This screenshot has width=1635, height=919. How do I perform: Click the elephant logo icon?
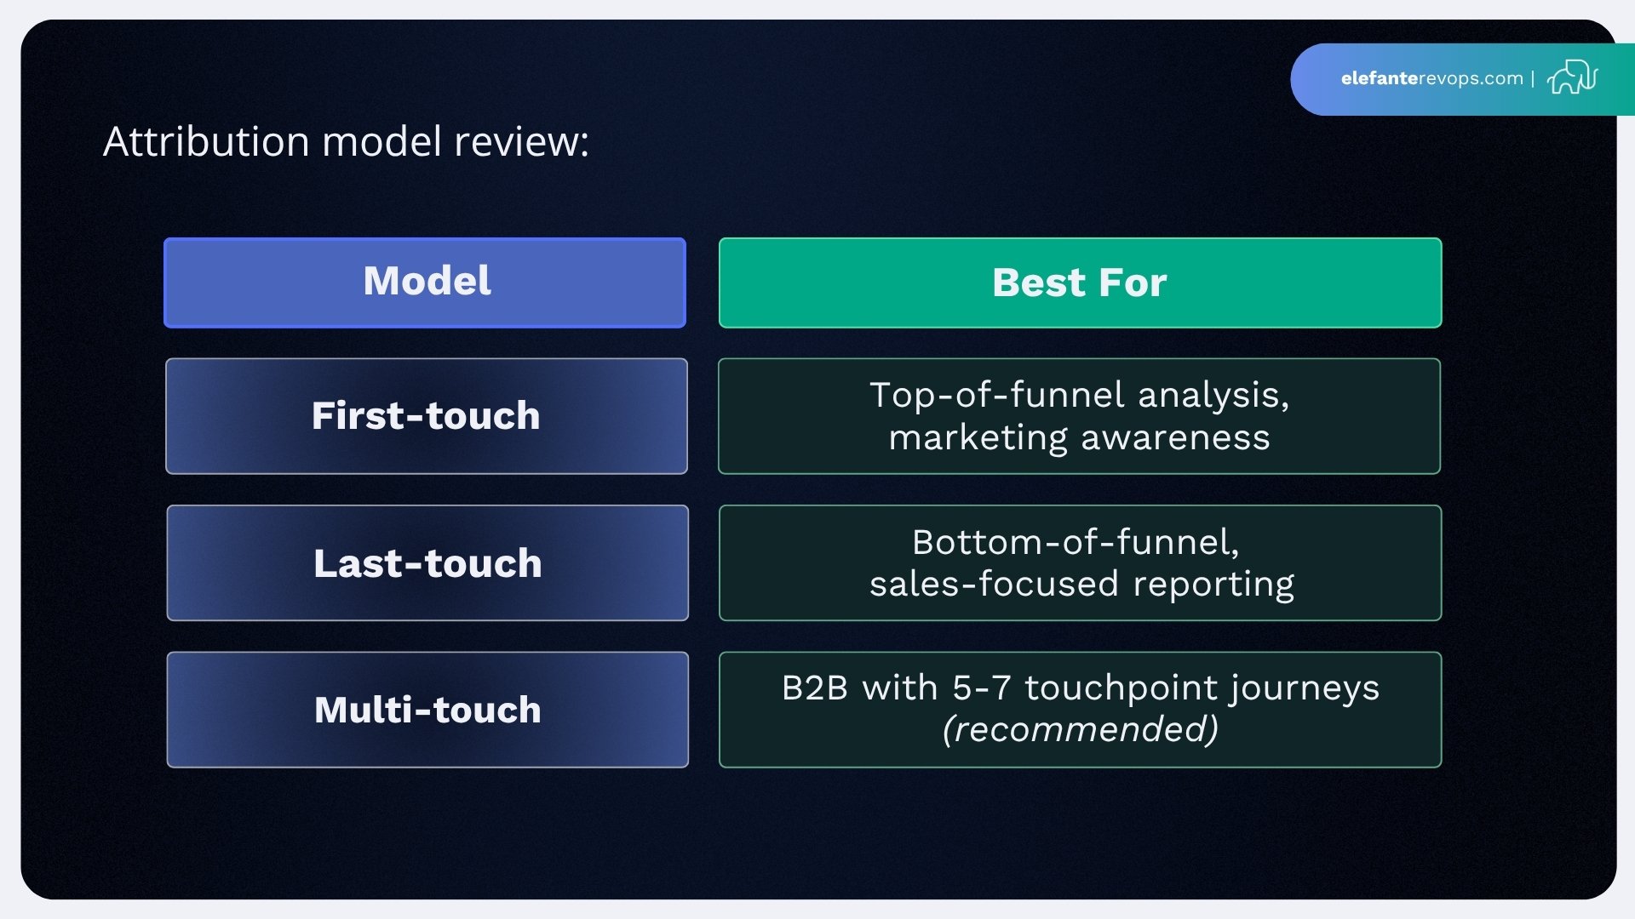pyautogui.click(x=1572, y=77)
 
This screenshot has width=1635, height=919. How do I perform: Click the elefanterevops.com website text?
pyautogui.click(x=1431, y=78)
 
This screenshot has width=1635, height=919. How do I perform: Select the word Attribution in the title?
pyautogui.click(x=206, y=141)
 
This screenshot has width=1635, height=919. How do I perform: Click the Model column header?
pyautogui.click(x=426, y=282)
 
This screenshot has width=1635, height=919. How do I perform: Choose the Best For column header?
pyautogui.click(x=1079, y=283)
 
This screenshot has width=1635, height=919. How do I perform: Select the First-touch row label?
pyautogui.click(x=426, y=416)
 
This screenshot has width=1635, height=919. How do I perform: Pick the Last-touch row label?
pyautogui.click(x=427, y=563)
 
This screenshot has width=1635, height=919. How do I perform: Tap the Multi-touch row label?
pyautogui.click(x=427, y=710)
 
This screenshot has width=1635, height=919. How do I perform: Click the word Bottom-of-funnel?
pyautogui.click(x=1076, y=542)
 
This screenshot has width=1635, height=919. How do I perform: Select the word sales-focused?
pyautogui.click(x=993, y=584)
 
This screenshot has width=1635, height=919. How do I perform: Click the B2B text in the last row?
pyautogui.click(x=814, y=688)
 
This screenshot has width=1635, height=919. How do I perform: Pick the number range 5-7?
pyautogui.click(x=981, y=688)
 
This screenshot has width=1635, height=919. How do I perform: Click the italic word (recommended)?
pyautogui.click(x=1080, y=729)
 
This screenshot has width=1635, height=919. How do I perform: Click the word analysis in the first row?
pyautogui.click(x=1213, y=395)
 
